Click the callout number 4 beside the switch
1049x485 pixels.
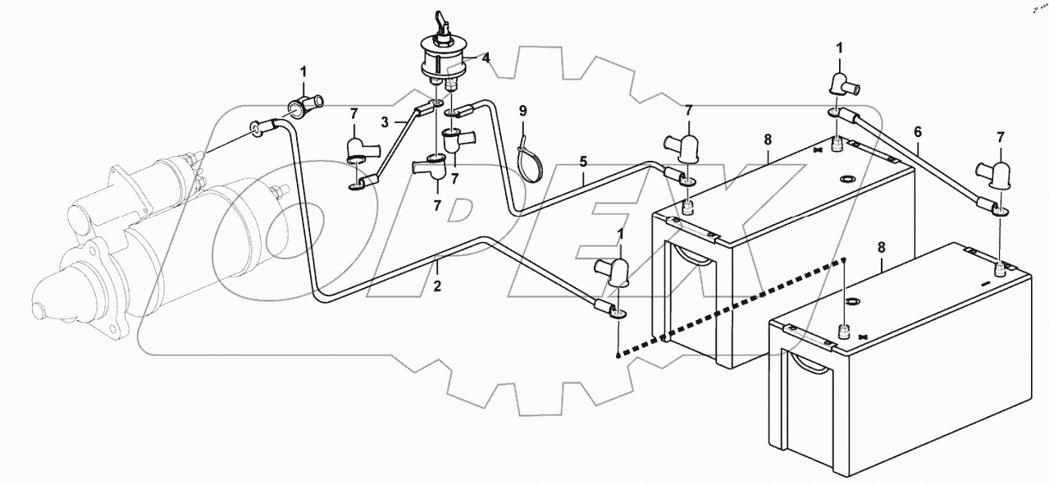486,58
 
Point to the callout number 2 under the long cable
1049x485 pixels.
437,286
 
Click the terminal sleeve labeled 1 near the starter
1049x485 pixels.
305,105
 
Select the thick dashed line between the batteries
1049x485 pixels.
730,308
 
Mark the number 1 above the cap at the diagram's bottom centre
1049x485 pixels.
621,234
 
